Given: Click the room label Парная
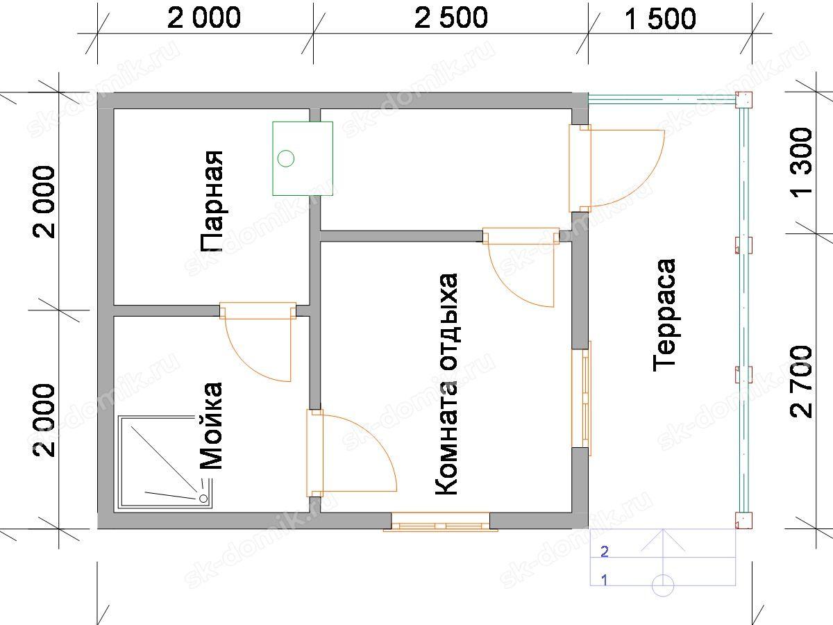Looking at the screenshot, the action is point(212,201).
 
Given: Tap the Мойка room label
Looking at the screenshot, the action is point(210,426).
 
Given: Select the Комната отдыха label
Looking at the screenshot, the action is point(446,384).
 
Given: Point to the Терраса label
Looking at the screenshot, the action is point(664,315).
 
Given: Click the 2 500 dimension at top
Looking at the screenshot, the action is point(451,18).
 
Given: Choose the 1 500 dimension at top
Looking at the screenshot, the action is point(660,19).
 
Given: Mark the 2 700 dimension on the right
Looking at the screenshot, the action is point(801,382).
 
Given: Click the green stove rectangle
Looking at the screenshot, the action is point(303,158).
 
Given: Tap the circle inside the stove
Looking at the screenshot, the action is point(286,158).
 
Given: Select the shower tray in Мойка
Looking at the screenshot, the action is point(165,462).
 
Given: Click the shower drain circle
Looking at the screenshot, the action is point(203,498).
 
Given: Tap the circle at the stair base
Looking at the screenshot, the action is point(663,585).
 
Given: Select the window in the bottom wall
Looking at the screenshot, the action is point(440,522).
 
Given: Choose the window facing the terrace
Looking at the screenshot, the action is point(582,399).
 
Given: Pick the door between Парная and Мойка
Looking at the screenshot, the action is point(258,342).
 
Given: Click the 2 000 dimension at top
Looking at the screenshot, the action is point(204,18).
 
